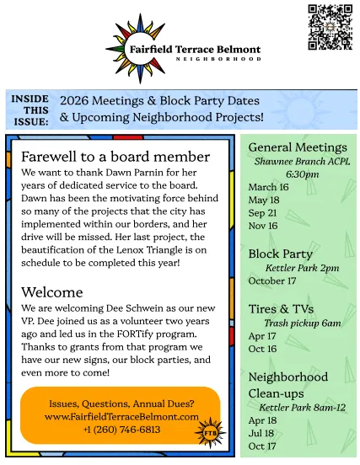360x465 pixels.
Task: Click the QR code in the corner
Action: (330, 27)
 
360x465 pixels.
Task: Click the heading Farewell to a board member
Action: (115, 157)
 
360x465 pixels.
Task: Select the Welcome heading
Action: (52, 292)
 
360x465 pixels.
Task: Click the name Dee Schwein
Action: (125, 308)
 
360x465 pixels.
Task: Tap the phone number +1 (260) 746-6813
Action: (122, 429)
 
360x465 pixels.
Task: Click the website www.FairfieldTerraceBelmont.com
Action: (121, 416)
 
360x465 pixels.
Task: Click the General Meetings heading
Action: (298, 147)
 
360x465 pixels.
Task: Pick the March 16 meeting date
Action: (268, 187)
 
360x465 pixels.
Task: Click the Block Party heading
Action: (281, 254)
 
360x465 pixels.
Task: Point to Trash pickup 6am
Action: (302, 323)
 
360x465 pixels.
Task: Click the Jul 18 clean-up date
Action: (262, 433)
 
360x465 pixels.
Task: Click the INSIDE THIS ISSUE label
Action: (30, 110)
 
